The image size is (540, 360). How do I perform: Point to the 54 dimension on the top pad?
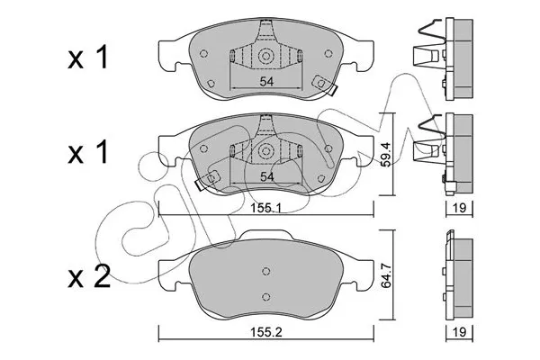(x=266, y=83)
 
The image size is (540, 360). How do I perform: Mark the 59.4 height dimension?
(x=386, y=157)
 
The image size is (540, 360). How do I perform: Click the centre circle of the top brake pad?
(x=266, y=57)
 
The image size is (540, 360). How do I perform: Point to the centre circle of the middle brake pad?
(x=266, y=150)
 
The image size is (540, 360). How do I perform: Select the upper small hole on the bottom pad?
(x=266, y=272)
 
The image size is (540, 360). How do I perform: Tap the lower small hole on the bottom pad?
(x=266, y=297)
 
